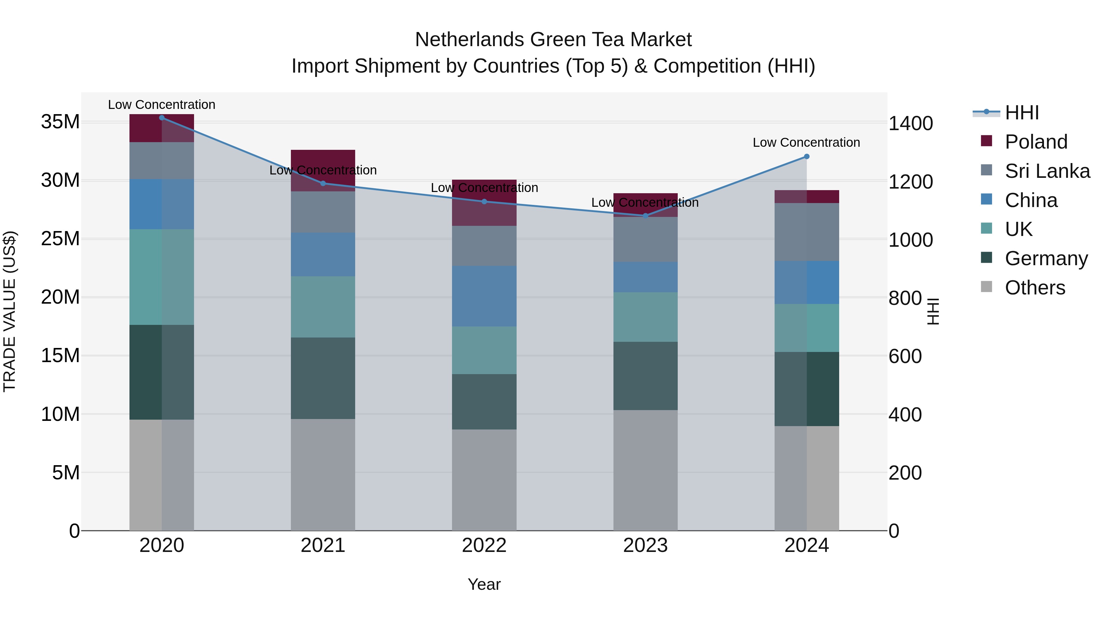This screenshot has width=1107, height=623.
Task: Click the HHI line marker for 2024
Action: tap(806, 157)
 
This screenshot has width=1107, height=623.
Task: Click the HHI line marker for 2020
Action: tap(161, 118)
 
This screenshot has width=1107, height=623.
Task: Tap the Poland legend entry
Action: tap(1036, 142)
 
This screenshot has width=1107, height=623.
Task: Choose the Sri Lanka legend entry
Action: tap(1047, 171)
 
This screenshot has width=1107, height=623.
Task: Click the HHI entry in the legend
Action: tap(1022, 113)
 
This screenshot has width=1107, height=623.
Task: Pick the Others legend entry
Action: tap(1034, 288)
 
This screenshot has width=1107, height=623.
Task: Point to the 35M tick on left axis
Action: tap(60, 122)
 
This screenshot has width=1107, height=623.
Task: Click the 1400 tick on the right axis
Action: tap(910, 124)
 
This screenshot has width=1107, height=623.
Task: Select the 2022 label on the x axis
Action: tap(484, 545)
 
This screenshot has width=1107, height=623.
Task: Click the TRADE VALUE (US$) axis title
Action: tap(10, 311)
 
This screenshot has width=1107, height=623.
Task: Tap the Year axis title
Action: tap(484, 584)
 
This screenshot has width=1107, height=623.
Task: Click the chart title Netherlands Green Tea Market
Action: tap(553, 40)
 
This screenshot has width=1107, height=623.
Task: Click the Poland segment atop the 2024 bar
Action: tap(806, 197)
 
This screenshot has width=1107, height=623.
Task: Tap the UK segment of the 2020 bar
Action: tap(161, 277)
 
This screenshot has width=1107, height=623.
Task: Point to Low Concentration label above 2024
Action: tap(806, 142)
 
